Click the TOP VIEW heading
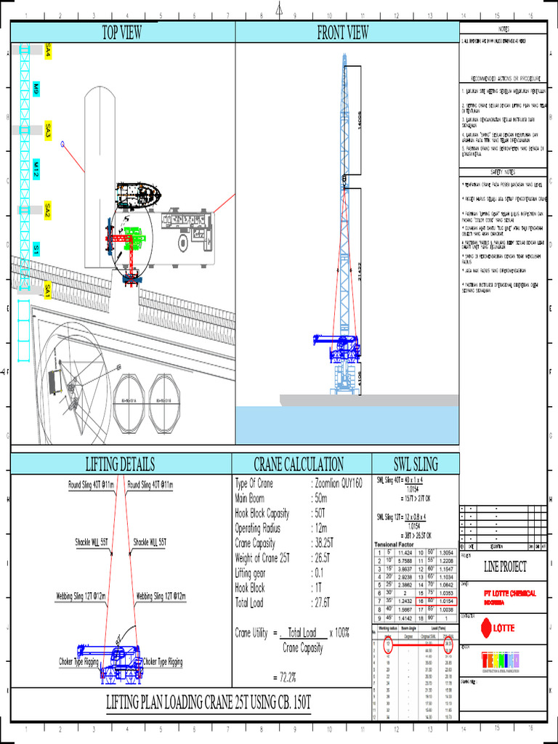121,32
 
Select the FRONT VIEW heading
342,32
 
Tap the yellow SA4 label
48,51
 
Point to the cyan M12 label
36,171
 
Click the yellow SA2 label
48,211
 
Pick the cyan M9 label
36,90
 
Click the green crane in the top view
134,238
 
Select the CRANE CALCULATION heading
299,464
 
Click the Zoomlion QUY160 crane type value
338,484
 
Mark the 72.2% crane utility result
286,677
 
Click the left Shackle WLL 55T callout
91,542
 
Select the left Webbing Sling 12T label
81,596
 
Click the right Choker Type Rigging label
163,662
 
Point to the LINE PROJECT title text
506,567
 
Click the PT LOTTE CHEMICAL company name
510,593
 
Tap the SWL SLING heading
415,464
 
